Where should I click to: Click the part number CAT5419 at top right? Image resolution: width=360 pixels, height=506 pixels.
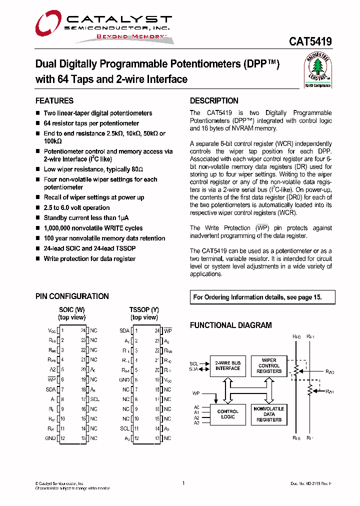tap(310, 42)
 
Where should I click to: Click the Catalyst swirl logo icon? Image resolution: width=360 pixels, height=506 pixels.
tap(48, 25)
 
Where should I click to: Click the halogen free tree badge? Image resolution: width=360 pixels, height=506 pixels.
tap(318, 70)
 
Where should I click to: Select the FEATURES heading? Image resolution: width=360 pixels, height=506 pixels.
tap(54, 100)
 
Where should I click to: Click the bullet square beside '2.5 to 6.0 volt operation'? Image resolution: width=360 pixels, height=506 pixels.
tap(38, 208)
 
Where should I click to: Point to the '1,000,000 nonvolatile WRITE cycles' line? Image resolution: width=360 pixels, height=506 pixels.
tap(93, 228)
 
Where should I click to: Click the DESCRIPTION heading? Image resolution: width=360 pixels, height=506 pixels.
tap(214, 100)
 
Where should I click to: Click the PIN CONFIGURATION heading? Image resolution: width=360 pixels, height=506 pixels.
tap(72, 296)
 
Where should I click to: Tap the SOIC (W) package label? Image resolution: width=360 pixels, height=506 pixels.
tap(71, 310)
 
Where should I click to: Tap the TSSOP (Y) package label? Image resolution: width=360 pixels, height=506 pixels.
tap(144, 310)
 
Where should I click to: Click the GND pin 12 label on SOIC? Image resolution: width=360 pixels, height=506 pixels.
tap(50, 438)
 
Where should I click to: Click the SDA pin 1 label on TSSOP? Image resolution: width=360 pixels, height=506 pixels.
tap(124, 330)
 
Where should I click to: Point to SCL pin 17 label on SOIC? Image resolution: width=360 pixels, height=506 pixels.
tap(94, 399)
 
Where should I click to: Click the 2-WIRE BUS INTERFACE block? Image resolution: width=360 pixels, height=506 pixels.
tap(227, 365)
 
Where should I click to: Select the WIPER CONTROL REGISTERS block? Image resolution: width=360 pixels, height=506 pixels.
tap(269, 365)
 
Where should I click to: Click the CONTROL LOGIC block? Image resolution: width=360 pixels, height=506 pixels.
tap(227, 414)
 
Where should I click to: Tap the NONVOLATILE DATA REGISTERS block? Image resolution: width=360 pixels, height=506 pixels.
tap(269, 414)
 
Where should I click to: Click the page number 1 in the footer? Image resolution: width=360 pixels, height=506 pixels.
tap(183, 483)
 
